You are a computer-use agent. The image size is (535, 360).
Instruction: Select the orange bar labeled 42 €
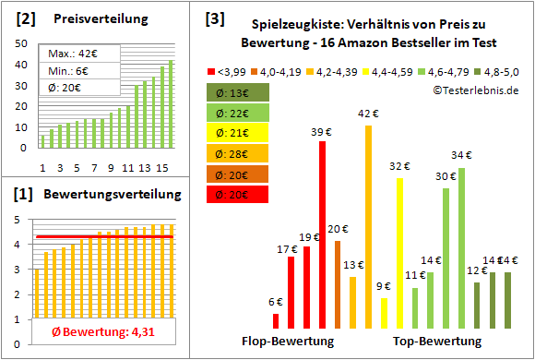(369, 226)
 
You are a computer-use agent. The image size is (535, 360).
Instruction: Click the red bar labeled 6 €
(276, 320)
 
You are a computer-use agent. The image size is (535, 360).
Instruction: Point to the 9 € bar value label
(384, 286)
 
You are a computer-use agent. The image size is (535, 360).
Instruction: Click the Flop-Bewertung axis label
(287, 341)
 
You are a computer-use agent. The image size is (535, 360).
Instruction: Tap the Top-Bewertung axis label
(437, 341)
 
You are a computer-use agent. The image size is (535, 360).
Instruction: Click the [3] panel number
(214, 18)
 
